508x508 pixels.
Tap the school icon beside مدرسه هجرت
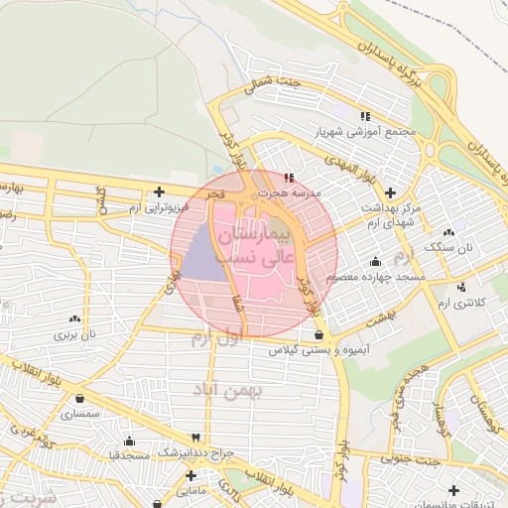point(289,179)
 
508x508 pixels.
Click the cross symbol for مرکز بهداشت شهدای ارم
point(390,191)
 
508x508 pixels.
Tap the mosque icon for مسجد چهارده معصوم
point(374,262)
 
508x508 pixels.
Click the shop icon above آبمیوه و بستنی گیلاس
point(317,336)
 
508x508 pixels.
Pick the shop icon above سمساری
point(79,399)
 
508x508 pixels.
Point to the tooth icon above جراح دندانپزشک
point(195,438)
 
